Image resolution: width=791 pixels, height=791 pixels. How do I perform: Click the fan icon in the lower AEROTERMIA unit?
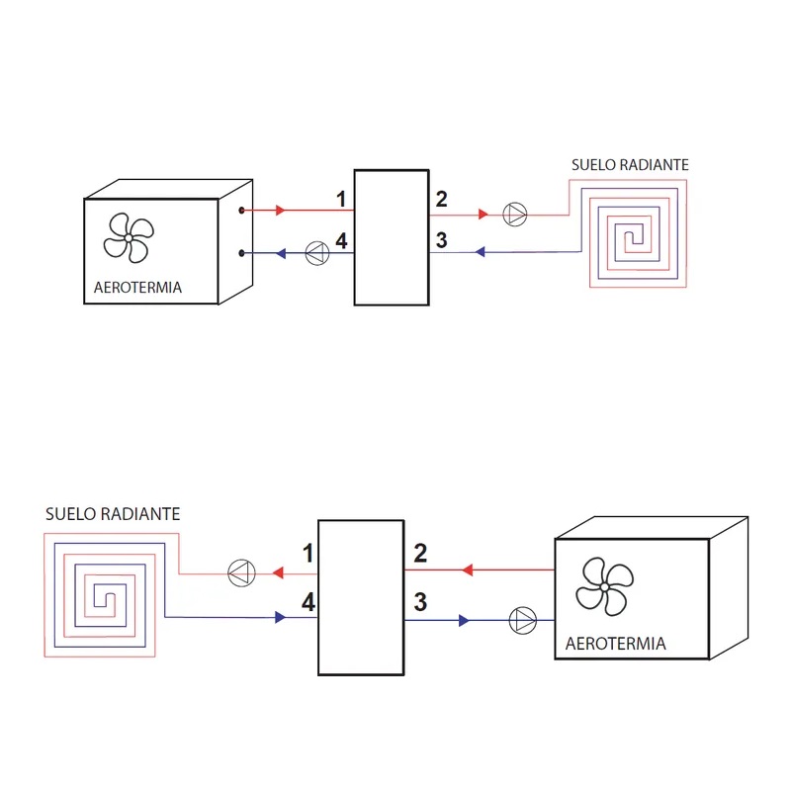(602, 585)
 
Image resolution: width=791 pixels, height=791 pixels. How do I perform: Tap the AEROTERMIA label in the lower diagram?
(616, 644)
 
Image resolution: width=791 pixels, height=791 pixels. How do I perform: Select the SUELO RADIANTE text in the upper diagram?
(630, 164)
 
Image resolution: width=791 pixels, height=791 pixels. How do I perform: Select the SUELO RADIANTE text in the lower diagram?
(113, 514)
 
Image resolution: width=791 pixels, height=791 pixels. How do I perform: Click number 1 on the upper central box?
(341, 199)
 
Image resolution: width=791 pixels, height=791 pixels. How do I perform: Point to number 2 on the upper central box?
(441, 199)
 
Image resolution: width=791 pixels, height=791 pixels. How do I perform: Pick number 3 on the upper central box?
(441, 240)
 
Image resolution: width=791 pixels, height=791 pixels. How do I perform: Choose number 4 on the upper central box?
(341, 240)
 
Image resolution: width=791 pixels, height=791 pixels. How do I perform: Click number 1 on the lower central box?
(308, 553)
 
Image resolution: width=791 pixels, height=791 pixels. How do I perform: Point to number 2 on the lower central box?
(420, 553)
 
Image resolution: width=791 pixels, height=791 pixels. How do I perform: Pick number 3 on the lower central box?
(420, 601)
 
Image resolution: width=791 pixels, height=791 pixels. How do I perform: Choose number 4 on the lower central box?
(308, 601)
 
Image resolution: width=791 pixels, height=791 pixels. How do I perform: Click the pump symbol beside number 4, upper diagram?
(314, 253)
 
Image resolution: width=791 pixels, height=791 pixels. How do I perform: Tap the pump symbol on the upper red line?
(515, 213)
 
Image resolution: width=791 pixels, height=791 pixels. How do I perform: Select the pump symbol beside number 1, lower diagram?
(241, 571)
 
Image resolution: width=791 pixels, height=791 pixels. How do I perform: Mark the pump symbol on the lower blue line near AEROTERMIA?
(522, 621)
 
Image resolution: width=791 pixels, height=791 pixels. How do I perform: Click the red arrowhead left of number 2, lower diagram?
(468, 570)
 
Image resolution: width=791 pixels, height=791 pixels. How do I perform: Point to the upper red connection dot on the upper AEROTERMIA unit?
(242, 211)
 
